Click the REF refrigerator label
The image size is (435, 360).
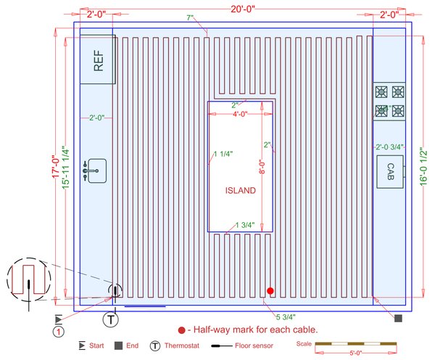point(97,61)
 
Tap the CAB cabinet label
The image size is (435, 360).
point(389,171)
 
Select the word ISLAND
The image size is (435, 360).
point(240,191)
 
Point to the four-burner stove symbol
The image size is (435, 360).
point(389,102)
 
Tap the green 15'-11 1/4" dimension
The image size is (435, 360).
point(66,171)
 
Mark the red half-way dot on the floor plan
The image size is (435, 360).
point(270,291)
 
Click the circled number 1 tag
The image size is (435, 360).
point(57,332)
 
